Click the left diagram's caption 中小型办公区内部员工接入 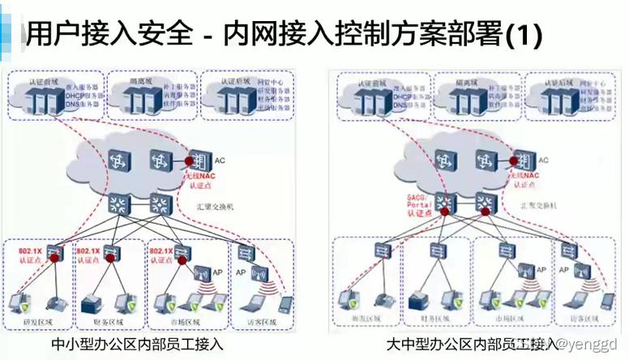(x=137, y=345)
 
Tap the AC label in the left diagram (x=220, y=160)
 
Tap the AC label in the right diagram (x=543, y=161)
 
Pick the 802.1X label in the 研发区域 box (x=32, y=252)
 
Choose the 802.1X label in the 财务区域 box (x=88, y=252)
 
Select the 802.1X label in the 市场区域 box (x=163, y=252)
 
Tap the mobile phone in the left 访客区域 (x=285, y=303)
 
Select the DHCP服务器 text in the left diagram (x=81, y=94)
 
